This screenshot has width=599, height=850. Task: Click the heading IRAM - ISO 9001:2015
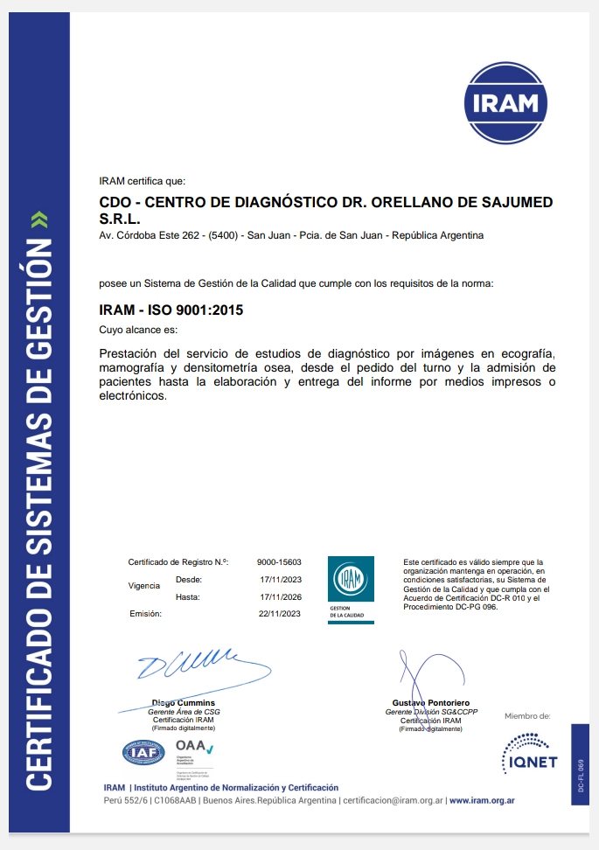click(x=171, y=310)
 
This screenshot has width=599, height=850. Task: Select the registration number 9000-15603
click(x=279, y=561)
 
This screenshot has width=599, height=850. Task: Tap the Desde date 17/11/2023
click(x=280, y=579)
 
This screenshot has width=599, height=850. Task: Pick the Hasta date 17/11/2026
click(x=280, y=596)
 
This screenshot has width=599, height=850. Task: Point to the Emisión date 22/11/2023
click(x=280, y=614)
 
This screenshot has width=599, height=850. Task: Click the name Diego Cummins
click(x=183, y=703)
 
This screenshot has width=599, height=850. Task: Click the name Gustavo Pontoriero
click(x=431, y=703)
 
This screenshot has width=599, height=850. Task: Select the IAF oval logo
click(x=143, y=751)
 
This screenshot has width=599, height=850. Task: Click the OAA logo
click(x=194, y=746)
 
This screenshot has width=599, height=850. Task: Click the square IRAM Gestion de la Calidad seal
click(x=351, y=589)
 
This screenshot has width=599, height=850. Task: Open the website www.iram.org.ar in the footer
click(x=482, y=800)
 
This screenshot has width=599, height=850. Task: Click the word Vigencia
click(x=144, y=585)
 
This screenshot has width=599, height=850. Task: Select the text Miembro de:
click(x=527, y=715)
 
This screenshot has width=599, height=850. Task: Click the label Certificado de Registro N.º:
click(x=178, y=561)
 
